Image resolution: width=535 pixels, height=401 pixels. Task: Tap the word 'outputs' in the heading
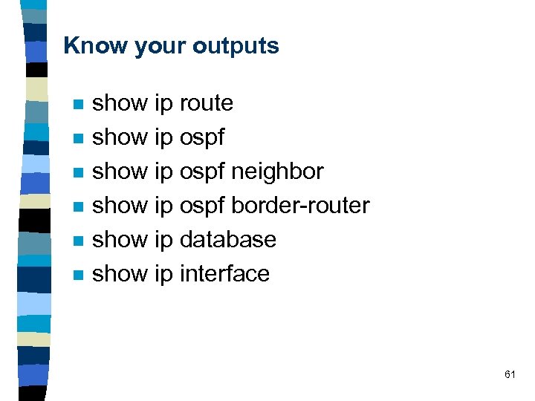pyautogui.click(x=236, y=46)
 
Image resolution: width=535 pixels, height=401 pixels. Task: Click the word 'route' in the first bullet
pyautogui.click(x=207, y=103)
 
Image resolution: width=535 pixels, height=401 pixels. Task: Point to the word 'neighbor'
pyautogui.click(x=277, y=172)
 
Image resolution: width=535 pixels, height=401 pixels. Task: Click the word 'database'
pyautogui.click(x=227, y=240)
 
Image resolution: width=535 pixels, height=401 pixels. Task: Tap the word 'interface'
pyautogui.click(x=224, y=274)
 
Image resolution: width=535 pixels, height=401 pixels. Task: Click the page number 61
pyautogui.click(x=510, y=374)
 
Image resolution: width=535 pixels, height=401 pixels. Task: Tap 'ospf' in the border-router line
pyautogui.click(x=202, y=206)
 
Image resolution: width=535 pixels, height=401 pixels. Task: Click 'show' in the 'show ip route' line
pyautogui.click(x=119, y=103)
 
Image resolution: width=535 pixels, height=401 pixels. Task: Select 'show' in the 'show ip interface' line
pyautogui.click(x=119, y=274)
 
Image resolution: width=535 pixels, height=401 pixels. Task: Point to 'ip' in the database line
pyautogui.click(x=163, y=241)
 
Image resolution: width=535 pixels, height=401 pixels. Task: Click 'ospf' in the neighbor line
pyautogui.click(x=202, y=172)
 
